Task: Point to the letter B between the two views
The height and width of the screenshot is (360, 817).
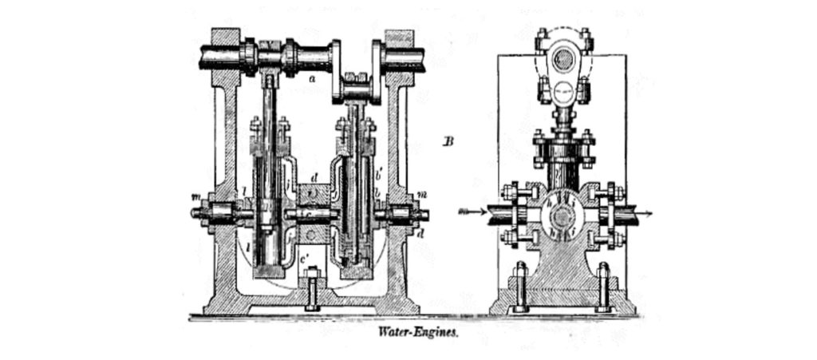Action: tap(448, 143)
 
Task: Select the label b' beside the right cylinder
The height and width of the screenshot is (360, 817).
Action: tap(381, 171)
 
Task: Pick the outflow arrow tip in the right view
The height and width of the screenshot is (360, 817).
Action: tap(652, 213)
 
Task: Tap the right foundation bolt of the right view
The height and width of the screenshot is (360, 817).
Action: tap(604, 287)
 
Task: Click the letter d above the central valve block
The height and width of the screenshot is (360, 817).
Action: tap(315, 176)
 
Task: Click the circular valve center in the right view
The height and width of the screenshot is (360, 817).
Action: tap(562, 216)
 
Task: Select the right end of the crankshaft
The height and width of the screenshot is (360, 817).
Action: tap(422, 57)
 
